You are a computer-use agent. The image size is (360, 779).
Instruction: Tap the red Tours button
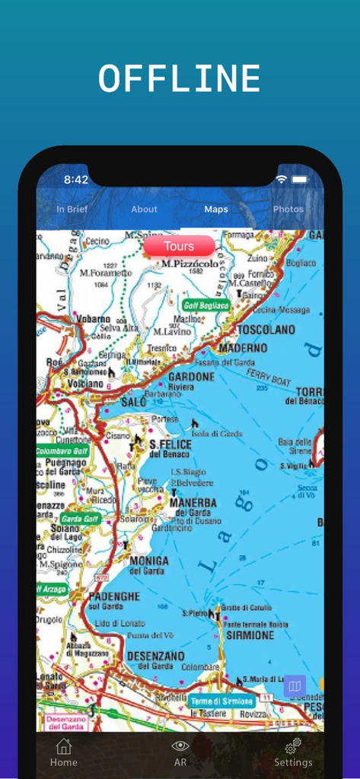[179, 246]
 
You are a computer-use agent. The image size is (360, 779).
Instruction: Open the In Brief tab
[72, 209]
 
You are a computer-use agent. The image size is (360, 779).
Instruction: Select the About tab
[144, 209]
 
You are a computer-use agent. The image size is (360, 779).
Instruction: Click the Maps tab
[216, 209]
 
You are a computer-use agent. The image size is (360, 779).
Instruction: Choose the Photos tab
[288, 209]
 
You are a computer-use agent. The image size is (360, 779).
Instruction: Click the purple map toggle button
[295, 686]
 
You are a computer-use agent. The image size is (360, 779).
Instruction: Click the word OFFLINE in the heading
[180, 79]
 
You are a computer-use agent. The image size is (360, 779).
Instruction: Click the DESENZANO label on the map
[155, 655]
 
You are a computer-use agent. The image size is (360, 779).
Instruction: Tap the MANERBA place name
[193, 503]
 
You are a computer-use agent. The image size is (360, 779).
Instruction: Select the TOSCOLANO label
[266, 330]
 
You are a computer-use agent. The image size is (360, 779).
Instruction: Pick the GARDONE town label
[191, 377]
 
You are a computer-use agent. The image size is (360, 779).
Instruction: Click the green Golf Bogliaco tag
[206, 305]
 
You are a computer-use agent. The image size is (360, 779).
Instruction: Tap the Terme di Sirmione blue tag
[221, 701]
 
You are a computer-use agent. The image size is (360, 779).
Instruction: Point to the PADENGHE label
[116, 596]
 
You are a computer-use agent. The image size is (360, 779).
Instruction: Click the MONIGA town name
[148, 561]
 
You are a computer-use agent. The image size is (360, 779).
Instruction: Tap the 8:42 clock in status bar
[76, 180]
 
